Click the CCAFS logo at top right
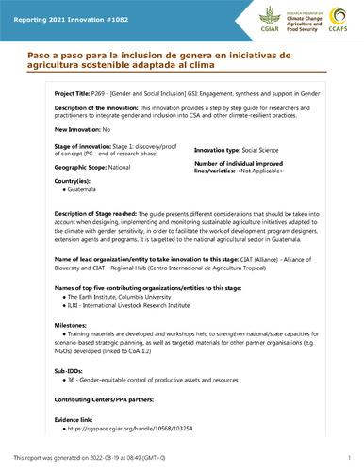[338, 18]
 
